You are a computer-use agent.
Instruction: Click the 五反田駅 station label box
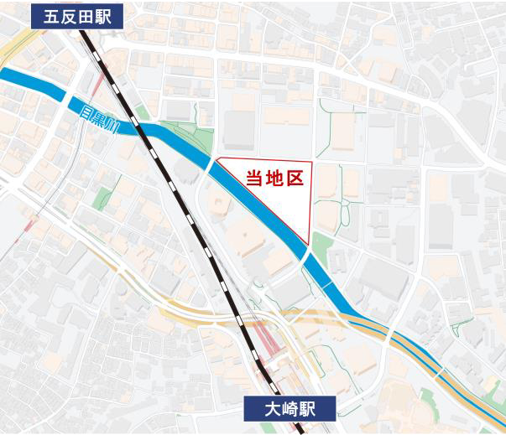click(x=77, y=16)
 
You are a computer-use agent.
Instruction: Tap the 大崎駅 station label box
click(x=290, y=409)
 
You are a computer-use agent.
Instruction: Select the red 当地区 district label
click(x=272, y=179)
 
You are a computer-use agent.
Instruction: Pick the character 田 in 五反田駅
click(x=88, y=16)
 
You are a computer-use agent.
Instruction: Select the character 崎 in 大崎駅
click(x=290, y=409)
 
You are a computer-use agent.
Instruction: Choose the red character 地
click(x=272, y=179)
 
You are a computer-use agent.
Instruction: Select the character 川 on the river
click(x=116, y=127)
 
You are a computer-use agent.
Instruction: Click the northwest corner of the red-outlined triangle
click(x=217, y=158)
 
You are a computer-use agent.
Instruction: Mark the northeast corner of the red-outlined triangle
click(x=312, y=162)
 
